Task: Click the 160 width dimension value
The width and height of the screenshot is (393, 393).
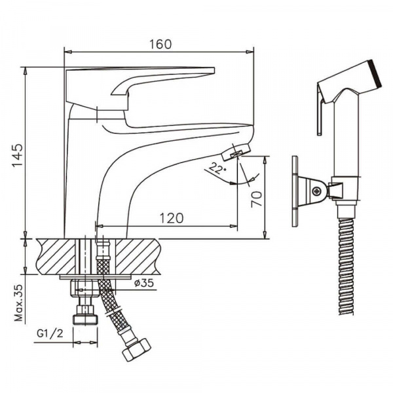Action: click(160, 44)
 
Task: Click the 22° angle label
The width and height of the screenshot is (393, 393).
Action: click(214, 169)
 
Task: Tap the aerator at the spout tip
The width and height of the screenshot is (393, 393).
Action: click(234, 154)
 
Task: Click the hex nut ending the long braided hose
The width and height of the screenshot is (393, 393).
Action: click(136, 349)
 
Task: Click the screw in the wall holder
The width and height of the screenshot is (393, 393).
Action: click(318, 191)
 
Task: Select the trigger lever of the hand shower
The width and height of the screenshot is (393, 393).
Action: click(319, 115)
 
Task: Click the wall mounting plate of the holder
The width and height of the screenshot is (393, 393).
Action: click(295, 191)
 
